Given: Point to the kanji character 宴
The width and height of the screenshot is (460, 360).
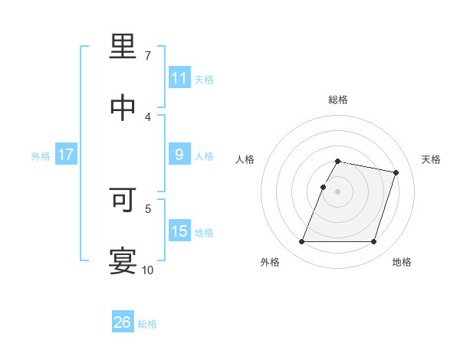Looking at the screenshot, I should click(123, 261).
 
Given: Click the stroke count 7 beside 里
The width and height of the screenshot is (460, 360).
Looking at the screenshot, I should click(148, 56).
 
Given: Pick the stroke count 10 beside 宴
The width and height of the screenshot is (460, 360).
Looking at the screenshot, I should click(148, 270).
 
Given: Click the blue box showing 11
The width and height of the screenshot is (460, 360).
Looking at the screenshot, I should click(179, 78).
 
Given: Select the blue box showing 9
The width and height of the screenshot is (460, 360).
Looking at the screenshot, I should click(179, 155).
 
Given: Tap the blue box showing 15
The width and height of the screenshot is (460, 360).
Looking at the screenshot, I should click(179, 231).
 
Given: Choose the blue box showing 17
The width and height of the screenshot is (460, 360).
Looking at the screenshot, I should click(66, 155).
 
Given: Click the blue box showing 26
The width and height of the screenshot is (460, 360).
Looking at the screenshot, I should click(123, 322).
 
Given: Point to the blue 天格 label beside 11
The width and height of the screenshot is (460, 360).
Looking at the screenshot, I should click(204, 79).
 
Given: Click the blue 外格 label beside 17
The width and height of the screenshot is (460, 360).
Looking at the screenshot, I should click(41, 155).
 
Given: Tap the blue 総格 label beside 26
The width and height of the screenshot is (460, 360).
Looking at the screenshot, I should click(147, 323).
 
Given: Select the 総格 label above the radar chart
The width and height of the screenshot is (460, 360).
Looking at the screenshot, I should click(338, 100).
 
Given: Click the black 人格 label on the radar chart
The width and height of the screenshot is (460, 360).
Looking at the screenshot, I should click(245, 159).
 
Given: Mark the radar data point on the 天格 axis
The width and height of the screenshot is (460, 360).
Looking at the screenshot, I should click(396, 172).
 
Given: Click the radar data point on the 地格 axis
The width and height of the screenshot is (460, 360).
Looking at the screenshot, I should click(373, 242).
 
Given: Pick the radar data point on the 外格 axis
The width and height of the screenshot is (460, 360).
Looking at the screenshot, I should click(302, 242).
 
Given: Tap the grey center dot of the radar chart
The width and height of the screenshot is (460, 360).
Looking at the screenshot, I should click(338, 191).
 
